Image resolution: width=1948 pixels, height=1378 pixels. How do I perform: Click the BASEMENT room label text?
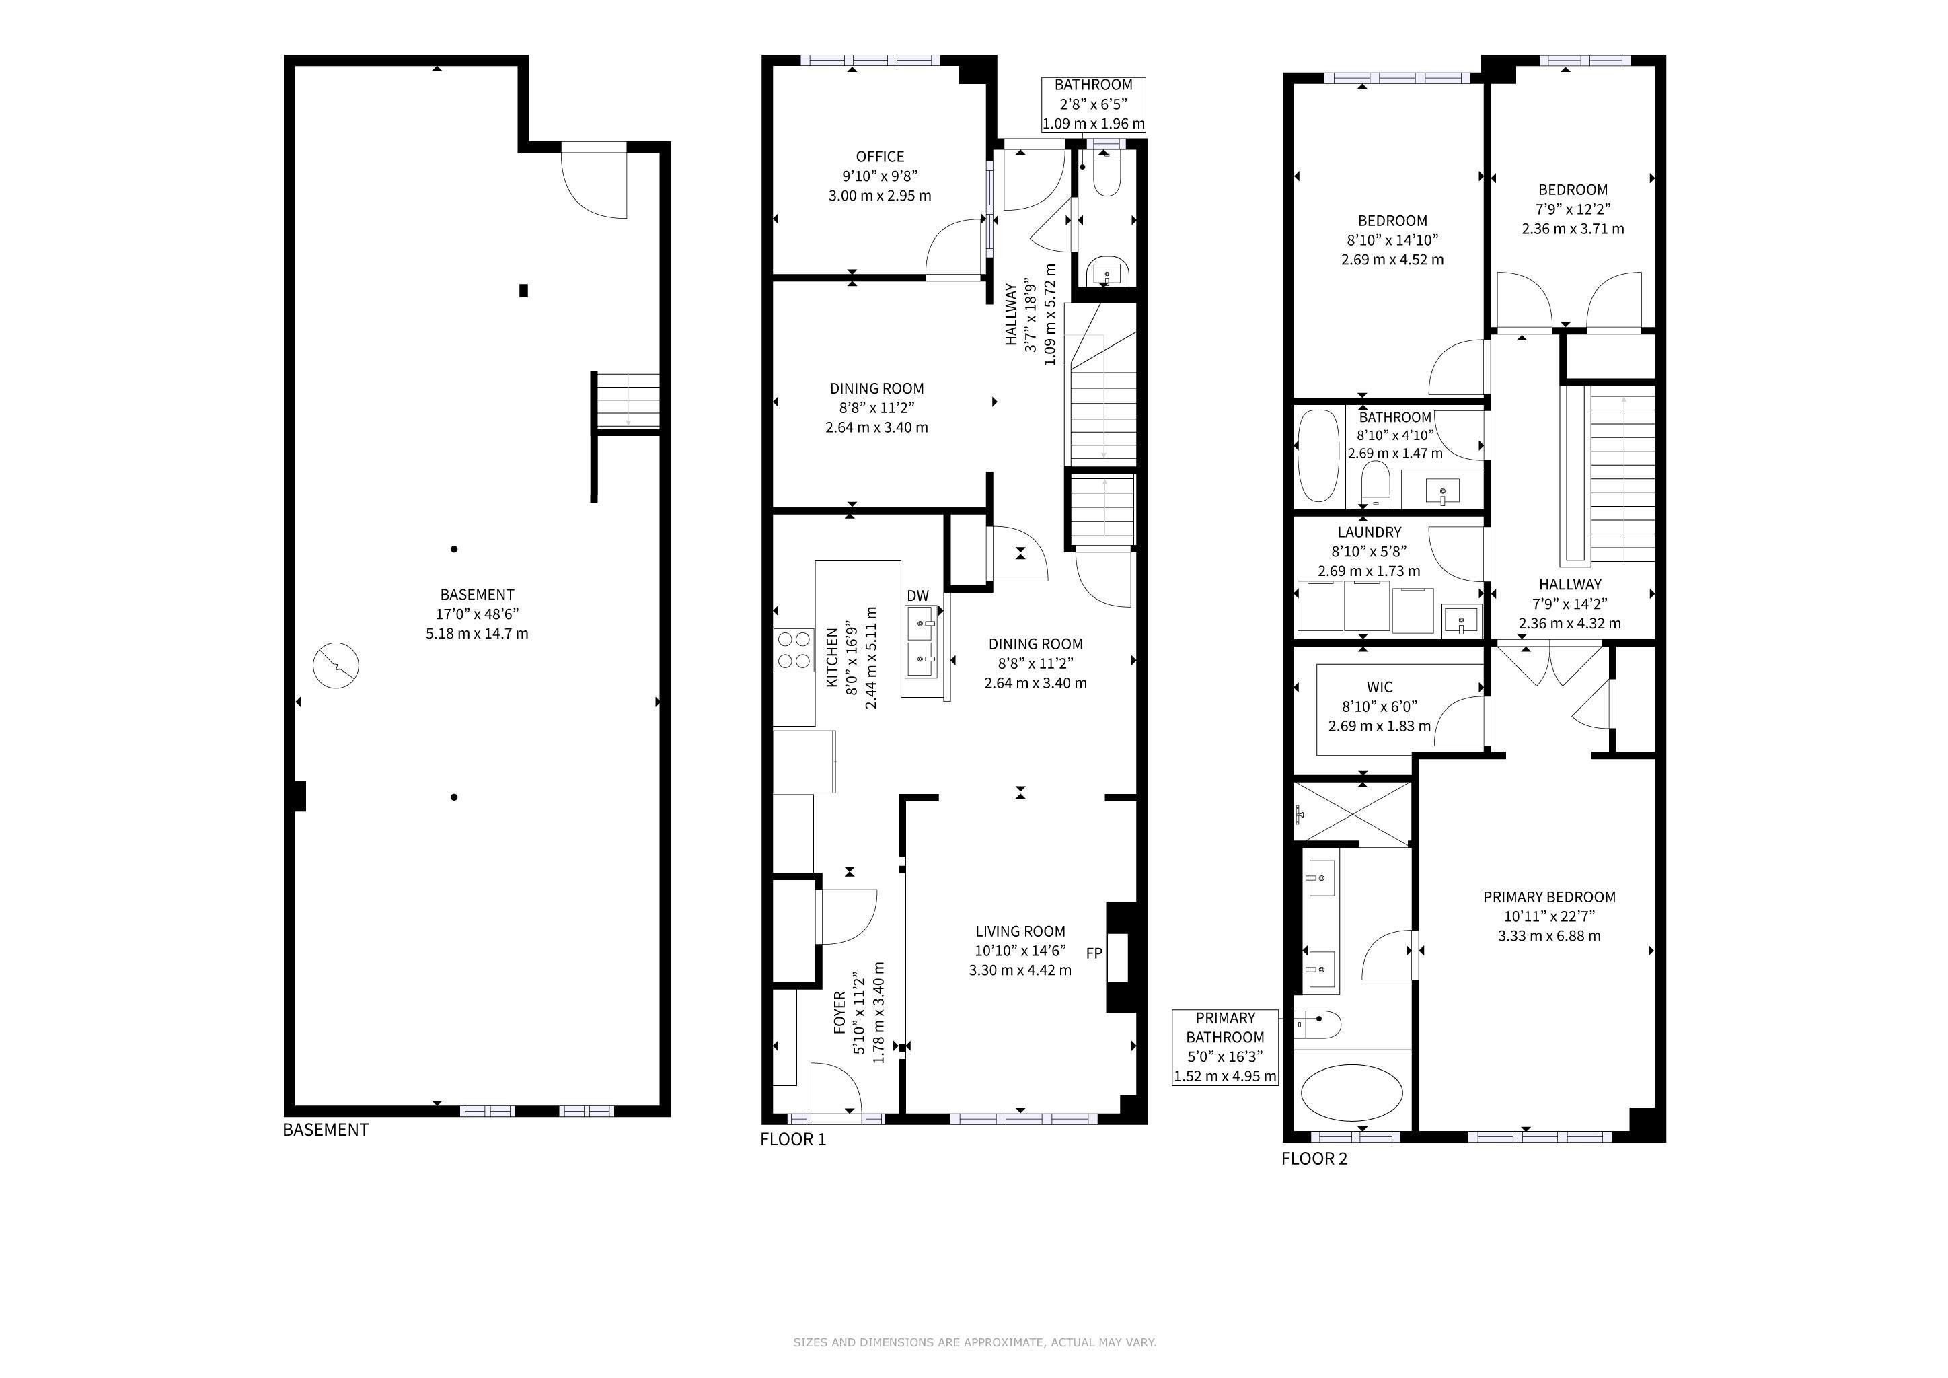click(477, 595)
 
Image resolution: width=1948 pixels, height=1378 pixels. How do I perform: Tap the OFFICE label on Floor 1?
click(880, 157)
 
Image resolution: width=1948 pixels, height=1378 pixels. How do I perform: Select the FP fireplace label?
click(1094, 953)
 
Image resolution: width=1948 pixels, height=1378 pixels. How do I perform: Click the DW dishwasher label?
click(918, 595)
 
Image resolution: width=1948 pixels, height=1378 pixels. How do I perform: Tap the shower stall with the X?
click(1353, 813)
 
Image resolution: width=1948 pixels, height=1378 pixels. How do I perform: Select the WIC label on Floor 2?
click(1380, 687)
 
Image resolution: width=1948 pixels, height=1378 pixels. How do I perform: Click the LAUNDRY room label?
click(1370, 532)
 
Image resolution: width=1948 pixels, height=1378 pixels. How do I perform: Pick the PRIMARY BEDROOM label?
click(1549, 897)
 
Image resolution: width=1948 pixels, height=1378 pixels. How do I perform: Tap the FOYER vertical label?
click(839, 1011)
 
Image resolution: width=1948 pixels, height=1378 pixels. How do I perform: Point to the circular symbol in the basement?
click(336, 665)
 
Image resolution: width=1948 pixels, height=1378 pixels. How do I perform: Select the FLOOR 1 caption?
click(792, 1140)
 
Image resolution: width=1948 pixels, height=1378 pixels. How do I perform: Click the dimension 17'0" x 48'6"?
click(477, 614)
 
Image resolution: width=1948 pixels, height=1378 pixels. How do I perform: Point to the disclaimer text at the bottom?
click(974, 1342)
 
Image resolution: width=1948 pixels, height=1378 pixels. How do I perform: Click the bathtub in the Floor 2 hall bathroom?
click(1318, 456)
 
